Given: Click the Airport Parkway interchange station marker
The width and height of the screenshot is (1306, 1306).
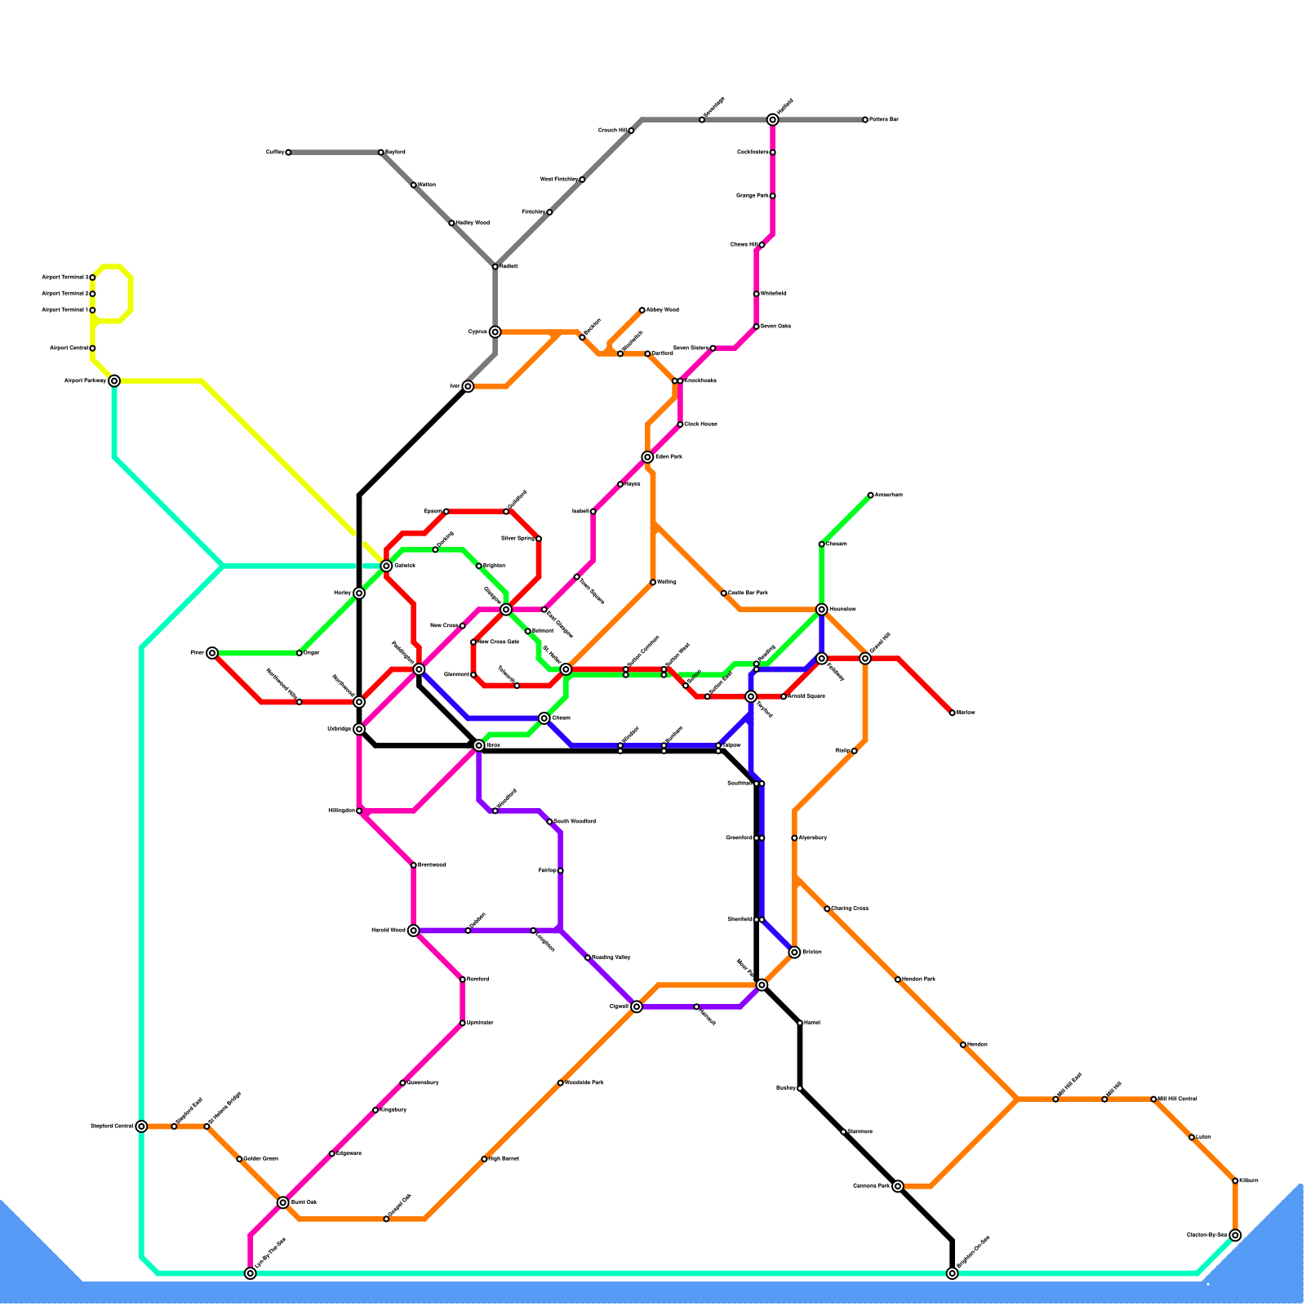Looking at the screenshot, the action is click(x=114, y=380).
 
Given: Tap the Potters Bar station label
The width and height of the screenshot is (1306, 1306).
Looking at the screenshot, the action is click(x=883, y=120).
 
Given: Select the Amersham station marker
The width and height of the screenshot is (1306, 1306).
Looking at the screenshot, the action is click(x=870, y=495).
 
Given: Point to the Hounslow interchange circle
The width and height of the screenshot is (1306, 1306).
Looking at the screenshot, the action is click(x=821, y=609).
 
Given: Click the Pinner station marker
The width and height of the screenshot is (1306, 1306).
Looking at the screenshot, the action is click(x=212, y=652).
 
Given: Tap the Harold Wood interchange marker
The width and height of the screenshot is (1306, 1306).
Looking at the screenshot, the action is click(x=413, y=930).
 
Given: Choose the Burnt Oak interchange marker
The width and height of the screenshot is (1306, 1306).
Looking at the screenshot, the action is click(x=282, y=1202).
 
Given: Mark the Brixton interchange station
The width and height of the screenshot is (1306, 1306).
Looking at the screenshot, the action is click(x=794, y=952).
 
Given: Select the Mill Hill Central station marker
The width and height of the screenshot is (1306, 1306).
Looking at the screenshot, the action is click(x=1153, y=1099).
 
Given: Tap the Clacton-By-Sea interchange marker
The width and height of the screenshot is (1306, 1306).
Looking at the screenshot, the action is click(x=1235, y=1235).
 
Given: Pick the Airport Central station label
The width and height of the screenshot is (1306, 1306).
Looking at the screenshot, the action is click(x=69, y=349).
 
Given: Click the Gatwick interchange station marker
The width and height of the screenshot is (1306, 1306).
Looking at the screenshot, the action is click(x=386, y=566).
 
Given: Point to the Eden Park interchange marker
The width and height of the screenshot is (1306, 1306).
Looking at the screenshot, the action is click(x=647, y=457).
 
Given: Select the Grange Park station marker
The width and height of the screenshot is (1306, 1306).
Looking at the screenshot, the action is click(x=772, y=196).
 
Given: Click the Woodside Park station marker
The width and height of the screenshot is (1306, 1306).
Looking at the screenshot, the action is click(x=560, y=1082).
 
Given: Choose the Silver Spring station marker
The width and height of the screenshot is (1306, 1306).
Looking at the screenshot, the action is click(x=538, y=539).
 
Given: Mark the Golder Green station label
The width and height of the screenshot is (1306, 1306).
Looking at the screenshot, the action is click(x=260, y=1158).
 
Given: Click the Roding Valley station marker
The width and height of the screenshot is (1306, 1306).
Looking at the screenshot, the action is click(x=588, y=957).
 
